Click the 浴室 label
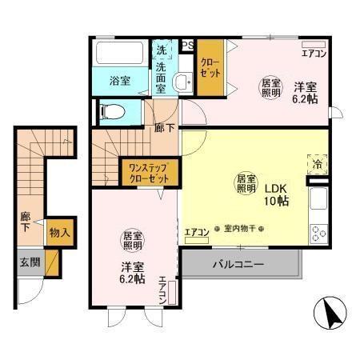[x=119, y=80]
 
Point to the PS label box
[x=189, y=45]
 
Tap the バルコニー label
[x=238, y=263]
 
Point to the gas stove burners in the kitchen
[x=319, y=234]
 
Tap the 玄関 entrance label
[x=30, y=261]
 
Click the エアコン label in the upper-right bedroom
[x=313, y=54]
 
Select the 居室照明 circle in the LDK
[x=245, y=184]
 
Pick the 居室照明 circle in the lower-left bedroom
[x=131, y=241]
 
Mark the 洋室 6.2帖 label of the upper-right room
[x=302, y=94]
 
